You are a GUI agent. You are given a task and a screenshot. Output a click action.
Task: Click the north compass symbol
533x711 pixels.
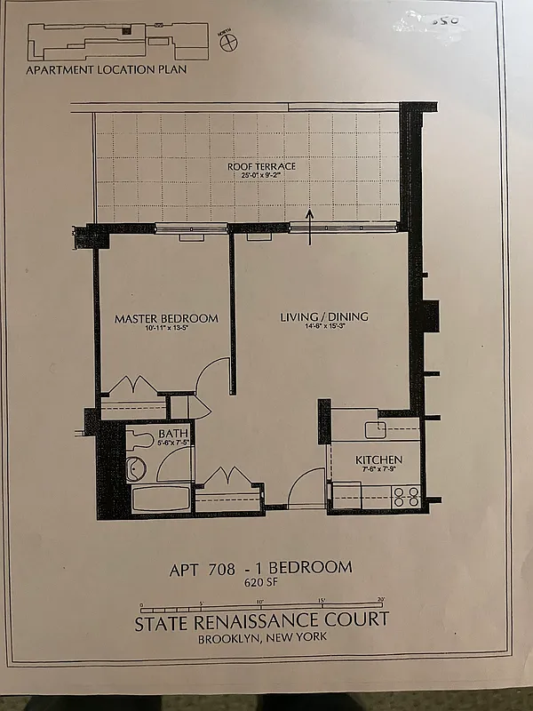[x=227, y=39]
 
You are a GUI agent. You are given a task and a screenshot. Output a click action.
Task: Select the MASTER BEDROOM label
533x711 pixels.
[x=166, y=318]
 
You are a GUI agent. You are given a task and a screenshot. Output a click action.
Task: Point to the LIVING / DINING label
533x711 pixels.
[x=324, y=317]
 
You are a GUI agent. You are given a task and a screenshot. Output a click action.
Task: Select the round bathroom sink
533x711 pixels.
[x=136, y=469]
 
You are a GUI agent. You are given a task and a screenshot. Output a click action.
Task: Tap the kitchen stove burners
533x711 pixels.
[x=406, y=497]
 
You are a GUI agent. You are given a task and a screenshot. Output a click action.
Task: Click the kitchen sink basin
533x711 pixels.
[x=374, y=428]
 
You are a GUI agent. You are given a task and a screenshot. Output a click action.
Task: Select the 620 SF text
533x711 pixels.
[x=260, y=584]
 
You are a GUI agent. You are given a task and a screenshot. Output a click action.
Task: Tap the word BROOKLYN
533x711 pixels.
[x=231, y=638]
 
